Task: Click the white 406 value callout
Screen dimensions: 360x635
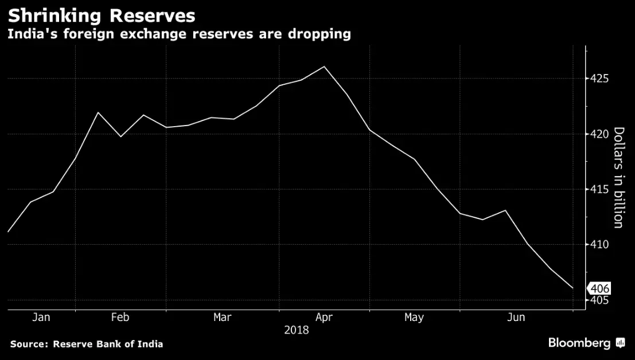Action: click(599, 289)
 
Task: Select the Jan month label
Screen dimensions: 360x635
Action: click(41, 317)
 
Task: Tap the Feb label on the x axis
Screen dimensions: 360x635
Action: click(120, 317)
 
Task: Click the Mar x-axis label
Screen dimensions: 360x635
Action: click(223, 317)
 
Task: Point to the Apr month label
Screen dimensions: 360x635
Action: click(324, 317)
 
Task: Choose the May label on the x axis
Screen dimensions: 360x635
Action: click(414, 317)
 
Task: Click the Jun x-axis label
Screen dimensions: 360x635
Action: click(516, 317)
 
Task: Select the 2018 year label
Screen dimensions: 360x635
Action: click(296, 330)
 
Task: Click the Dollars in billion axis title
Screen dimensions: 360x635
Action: click(618, 177)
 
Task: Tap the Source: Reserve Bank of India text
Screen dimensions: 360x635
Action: click(87, 344)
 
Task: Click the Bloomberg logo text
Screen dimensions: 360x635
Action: click(579, 343)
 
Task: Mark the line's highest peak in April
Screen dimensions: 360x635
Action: click(324, 66)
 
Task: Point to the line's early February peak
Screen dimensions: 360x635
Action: click(98, 112)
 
